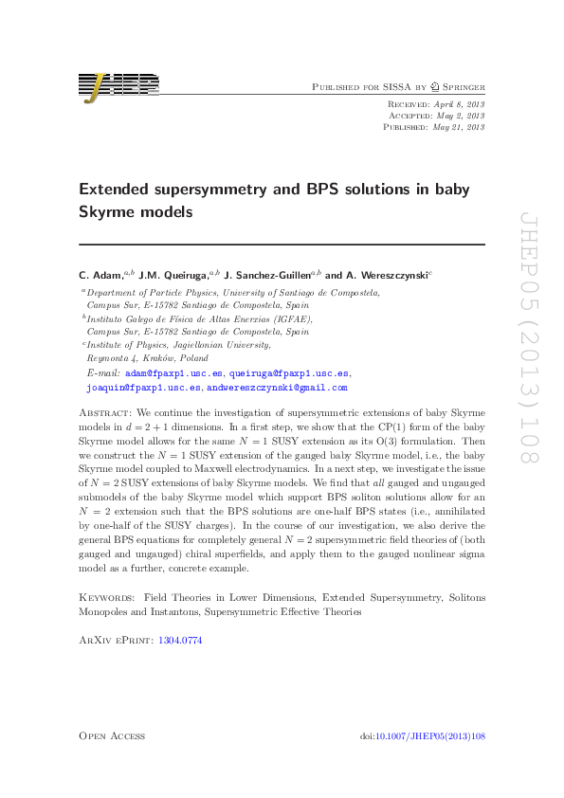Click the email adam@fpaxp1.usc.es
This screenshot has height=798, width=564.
pyautogui.click(x=174, y=374)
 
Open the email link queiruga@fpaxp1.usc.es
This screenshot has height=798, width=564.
pyautogui.click(x=289, y=374)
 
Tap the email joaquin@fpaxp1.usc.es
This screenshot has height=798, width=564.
pyautogui.click(x=143, y=388)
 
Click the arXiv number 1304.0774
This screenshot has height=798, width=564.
pyautogui.click(x=182, y=641)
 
